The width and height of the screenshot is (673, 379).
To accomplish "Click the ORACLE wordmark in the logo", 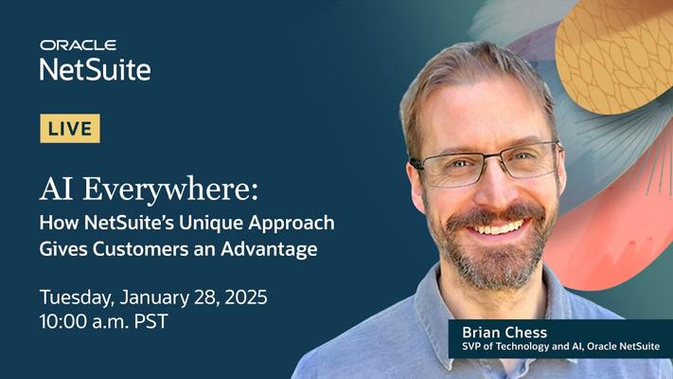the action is [79, 45].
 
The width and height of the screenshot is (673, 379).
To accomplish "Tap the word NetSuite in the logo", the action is [96, 69].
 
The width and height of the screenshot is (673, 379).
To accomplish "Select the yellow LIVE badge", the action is [70, 129].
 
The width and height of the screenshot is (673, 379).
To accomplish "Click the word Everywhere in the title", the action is [170, 189].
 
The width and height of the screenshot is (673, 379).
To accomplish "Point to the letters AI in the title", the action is [56, 189].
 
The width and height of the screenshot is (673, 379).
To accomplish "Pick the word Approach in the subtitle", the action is [292, 224].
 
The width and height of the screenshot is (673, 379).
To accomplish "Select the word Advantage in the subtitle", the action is [269, 250].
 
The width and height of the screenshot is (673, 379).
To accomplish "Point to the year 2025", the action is [246, 297].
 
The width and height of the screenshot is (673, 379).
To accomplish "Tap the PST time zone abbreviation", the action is [151, 321].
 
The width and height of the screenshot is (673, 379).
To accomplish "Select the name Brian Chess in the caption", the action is [505, 333].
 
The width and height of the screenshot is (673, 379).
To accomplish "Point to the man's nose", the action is [495, 189].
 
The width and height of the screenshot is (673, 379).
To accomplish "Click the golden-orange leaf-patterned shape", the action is [613, 56].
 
